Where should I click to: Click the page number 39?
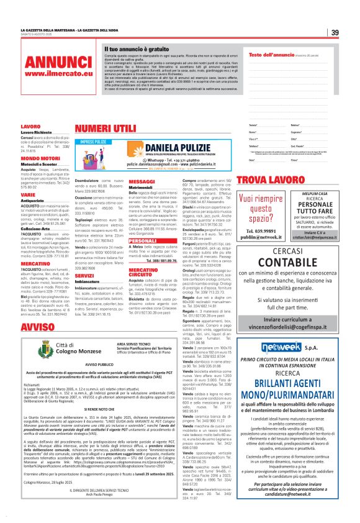pos(335,33)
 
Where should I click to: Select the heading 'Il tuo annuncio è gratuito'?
pos(137,48)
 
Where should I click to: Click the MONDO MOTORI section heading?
pos(38,158)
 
